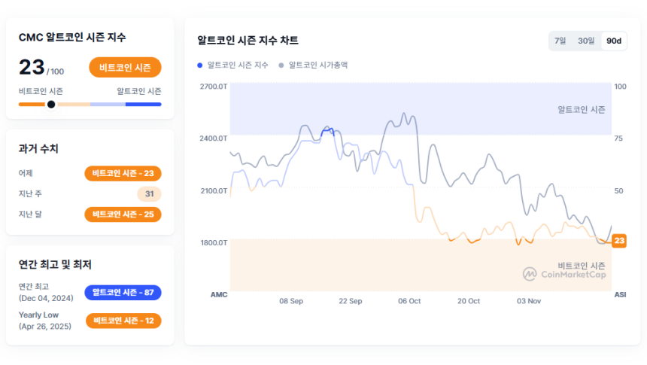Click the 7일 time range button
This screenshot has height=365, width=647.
pos(560,41)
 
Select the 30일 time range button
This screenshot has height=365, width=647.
pos(586,41)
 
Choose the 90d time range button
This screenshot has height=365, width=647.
pos(614,41)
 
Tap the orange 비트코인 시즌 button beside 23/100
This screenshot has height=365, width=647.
pos(125,67)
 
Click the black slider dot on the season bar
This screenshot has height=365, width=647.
pos(51,104)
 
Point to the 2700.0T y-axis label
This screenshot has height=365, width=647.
pos(214,87)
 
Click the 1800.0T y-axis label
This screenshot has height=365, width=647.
pos(214,243)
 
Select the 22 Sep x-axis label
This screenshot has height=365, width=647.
pos(350,301)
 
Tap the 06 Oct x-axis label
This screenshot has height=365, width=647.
pos(409,301)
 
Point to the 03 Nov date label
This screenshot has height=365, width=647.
pos(529,301)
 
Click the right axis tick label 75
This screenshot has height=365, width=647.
pos(619,138)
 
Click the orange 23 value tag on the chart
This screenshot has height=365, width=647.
pos(619,241)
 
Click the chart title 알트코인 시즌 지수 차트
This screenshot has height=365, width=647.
pos(248,40)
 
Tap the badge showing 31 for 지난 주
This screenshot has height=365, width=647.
pos(149,194)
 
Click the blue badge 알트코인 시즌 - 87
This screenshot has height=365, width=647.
pos(123,292)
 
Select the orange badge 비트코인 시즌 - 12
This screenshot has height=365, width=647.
pos(123,321)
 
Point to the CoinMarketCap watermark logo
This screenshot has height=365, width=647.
pos(564,274)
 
